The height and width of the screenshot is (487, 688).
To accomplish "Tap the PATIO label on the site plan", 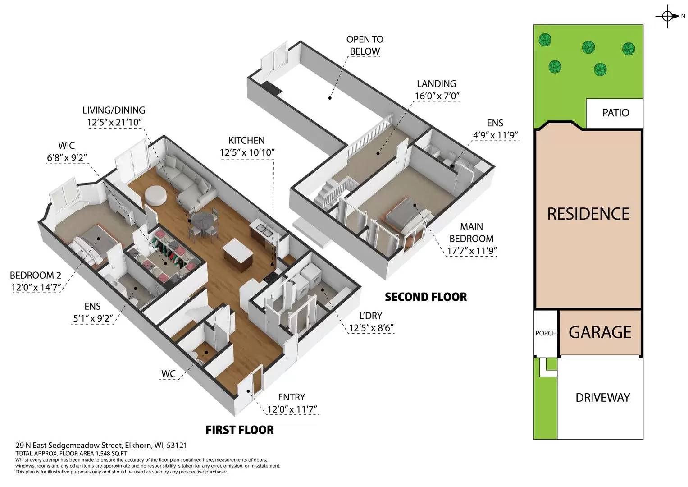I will tap(615, 113).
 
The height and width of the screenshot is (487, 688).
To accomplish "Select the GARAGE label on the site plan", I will tap(600, 332).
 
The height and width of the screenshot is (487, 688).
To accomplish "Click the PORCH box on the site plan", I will tap(546, 333).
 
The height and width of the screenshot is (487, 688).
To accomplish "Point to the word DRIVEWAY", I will tap(602, 398).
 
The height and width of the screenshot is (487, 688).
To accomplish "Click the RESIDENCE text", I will tap(588, 214).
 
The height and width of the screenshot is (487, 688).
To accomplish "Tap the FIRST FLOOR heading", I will tap(239, 430).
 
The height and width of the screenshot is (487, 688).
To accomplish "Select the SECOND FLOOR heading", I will tap(425, 297).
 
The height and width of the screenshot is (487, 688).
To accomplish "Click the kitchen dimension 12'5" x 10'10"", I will tap(247, 153).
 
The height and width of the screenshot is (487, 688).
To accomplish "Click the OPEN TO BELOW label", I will tap(365, 45).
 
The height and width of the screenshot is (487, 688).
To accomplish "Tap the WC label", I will tap(168, 374).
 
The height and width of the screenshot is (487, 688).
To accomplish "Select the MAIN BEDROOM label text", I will tap(471, 233).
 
